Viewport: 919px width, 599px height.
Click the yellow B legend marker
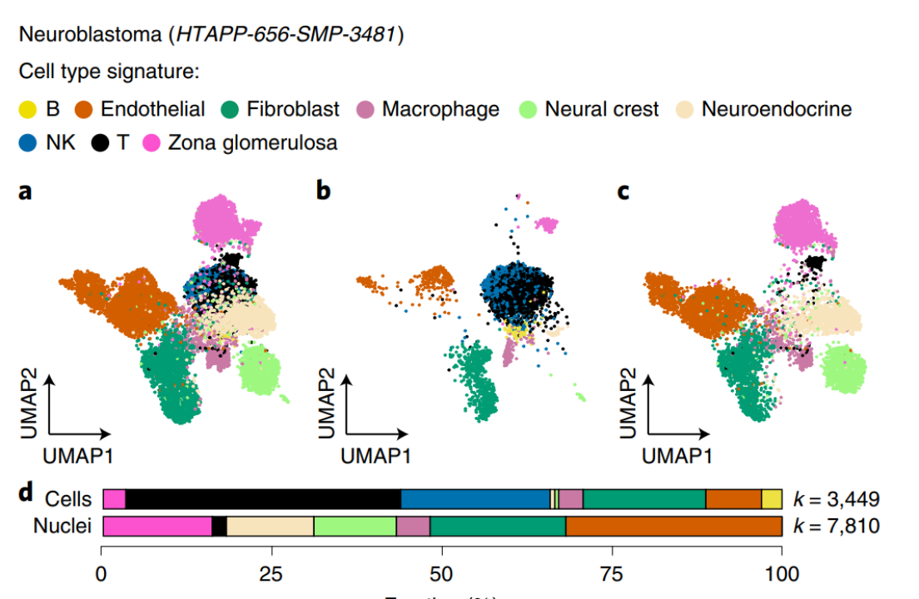(28, 109)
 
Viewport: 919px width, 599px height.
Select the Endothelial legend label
(152, 109)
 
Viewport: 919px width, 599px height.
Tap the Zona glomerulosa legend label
(252, 142)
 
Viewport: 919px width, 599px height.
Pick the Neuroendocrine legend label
(776, 109)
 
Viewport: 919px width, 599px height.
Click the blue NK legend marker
(28, 142)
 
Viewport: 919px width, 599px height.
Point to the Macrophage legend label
(440, 109)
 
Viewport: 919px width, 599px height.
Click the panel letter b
(324, 192)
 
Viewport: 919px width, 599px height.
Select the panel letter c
(622, 192)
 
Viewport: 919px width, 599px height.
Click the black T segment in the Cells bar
(263, 499)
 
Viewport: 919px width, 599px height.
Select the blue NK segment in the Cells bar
(475, 499)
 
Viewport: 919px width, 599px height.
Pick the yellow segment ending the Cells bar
(772, 499)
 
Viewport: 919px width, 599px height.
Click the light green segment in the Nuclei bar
(355, 526)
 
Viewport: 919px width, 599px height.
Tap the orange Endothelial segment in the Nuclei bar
(673, 526)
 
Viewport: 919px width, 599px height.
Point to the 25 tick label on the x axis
(271, 574)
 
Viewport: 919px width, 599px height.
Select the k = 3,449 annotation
(835, 499)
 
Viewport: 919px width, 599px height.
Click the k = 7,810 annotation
(835, 526)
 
